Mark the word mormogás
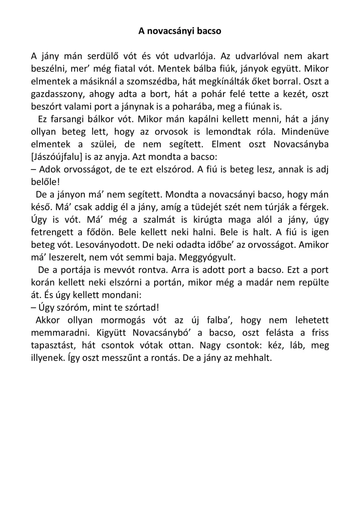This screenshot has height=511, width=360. click(123, 320)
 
